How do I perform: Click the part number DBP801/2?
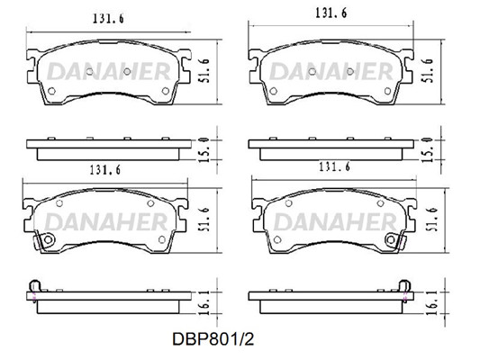pyautogui.click(x=213, y=339)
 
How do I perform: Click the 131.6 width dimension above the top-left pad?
pyautogui.click(x=108, y=19)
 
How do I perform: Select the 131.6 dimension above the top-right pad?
pyautogui.click(x=331, y=13)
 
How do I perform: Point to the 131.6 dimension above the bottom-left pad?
pyautogui.click(x=105, y=170)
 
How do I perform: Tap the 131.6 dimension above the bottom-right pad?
pyautogui.click(x=335, y=167)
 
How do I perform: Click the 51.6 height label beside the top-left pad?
pyautogui.click(x=206, y=71)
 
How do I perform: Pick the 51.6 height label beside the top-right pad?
pyautogui.click(x=429, y=71)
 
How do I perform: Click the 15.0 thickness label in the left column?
pyautogui.click(x=205, y=150)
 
